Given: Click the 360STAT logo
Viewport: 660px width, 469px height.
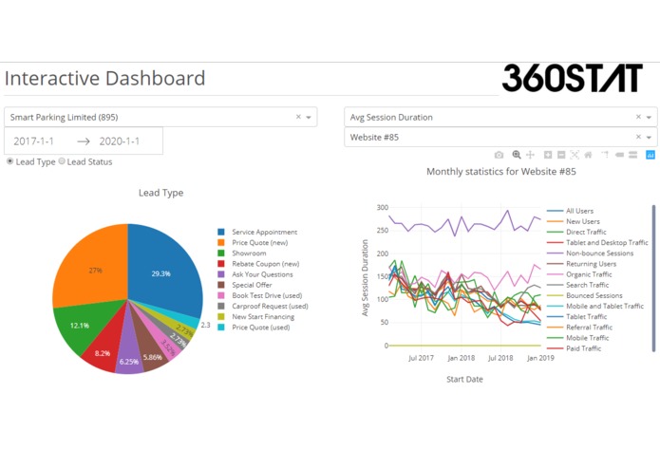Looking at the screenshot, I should pyautogui.click(x=572, y=78).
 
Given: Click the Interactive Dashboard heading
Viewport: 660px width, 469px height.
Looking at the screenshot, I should pyautogui.click(x=104, y=79).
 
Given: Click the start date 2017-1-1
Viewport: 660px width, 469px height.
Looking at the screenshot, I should pyautogui.click(x=34, y=141).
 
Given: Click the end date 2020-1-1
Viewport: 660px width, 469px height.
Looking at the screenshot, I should pyautogui.click(x=119, y=141).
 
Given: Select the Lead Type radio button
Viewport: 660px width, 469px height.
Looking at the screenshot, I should pyautogui.click(x=10, y=161).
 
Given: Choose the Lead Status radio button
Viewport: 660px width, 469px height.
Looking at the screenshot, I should pyautogui.click(x=63, y=161).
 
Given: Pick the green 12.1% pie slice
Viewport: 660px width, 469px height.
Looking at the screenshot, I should pyautogui.click(x=82, y=326).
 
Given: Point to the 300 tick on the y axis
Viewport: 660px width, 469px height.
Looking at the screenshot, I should pyautogui.click(x=383, y=207).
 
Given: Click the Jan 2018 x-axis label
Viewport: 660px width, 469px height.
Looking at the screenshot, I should pyautogui.click(x=460, y=358).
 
